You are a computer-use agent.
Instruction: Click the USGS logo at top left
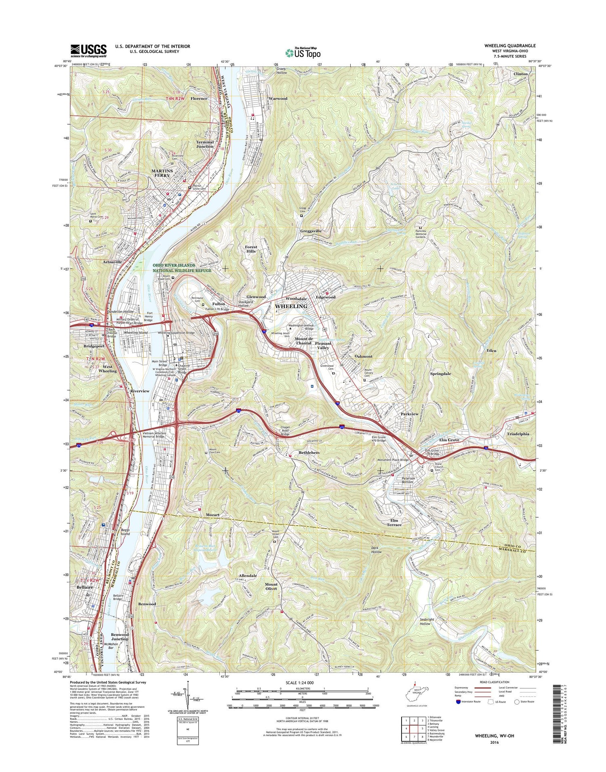coord(88,50)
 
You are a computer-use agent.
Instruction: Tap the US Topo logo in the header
coord(303,52)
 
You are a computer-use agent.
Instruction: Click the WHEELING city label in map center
coord(291,306)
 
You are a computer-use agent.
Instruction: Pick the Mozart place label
coord(213,515)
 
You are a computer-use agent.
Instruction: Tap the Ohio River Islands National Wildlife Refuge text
coord(182,268)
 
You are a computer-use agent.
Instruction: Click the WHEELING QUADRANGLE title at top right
coord(510,46)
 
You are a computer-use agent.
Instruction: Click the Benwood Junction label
coord(120,637)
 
